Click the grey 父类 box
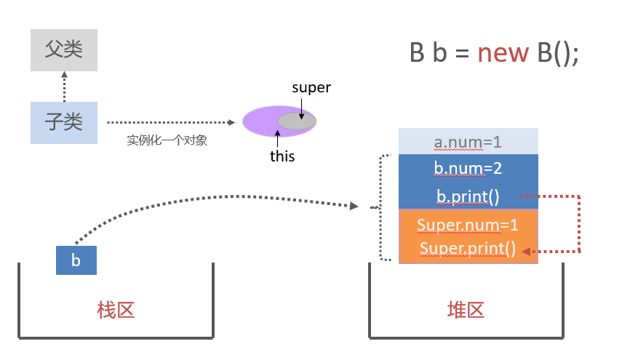(x=64, y=49)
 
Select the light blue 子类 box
(x=64, y=122)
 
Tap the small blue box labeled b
(x=76, y=260)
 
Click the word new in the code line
(x=502, y=53)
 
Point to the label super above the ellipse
(x=311, y=88)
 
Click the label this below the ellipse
(x=282, y=156)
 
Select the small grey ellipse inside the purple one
(x=297, y=121)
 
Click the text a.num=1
(x=468, y=141)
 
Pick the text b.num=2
(x=468, y=168)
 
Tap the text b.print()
(x=468, y=196)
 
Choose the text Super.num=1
(x=468, y=225)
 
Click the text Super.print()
(x=468, y=249)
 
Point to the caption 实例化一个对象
(x=167, y=140)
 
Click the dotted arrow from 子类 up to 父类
(x=64, y=87)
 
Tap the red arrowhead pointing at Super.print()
(x=527, y=252)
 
